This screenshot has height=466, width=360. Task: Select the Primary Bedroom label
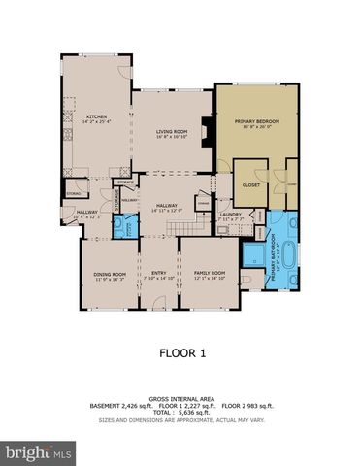pyautogui.click(x=256, y=121)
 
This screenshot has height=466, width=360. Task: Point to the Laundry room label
pyautogui.click(x=230, y=215)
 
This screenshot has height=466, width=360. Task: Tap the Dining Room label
pyautogui.click(x=109, y=275)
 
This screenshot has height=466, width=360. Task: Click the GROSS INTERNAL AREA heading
pyautogui.click(x=180, y=395)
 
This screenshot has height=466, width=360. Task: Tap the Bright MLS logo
pyautogui.click(x=38, y=451)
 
